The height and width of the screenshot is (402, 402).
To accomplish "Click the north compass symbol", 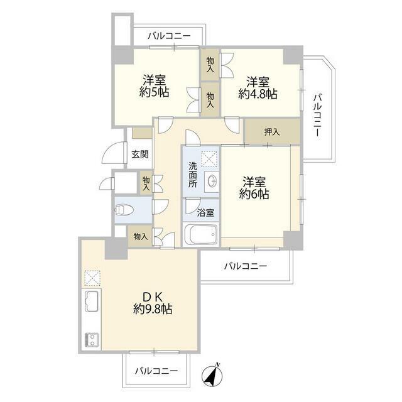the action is click(212, 375).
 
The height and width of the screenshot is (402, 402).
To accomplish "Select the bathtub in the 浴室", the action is click(201, 234).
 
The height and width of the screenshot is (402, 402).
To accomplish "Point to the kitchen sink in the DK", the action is click(91, 301).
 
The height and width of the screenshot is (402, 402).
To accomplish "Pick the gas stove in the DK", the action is click(91, 339).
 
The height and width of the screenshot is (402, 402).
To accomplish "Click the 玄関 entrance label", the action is click(140, 154).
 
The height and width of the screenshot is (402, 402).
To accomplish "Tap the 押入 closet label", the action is click(272, 132).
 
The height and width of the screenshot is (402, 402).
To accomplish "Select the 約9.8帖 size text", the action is click(153, 309).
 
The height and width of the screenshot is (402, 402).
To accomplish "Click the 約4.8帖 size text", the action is click(258, 94).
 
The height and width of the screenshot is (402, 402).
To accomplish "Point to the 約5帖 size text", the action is click(155, 92).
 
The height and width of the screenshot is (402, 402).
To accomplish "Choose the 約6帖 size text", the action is click(254, 194).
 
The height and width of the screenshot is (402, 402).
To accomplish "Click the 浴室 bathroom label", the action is click(205, 212).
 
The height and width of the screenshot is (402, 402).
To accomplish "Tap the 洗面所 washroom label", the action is click(193, 175).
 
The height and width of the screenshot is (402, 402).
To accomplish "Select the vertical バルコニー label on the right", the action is click(317, 116).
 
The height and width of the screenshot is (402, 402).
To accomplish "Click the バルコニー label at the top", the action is click(169, 36).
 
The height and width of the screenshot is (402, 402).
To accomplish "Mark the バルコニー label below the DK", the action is click(156, 371).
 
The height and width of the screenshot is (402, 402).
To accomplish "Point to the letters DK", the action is click(153, 297).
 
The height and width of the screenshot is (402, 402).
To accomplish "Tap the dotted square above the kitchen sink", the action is click(92, 278).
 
